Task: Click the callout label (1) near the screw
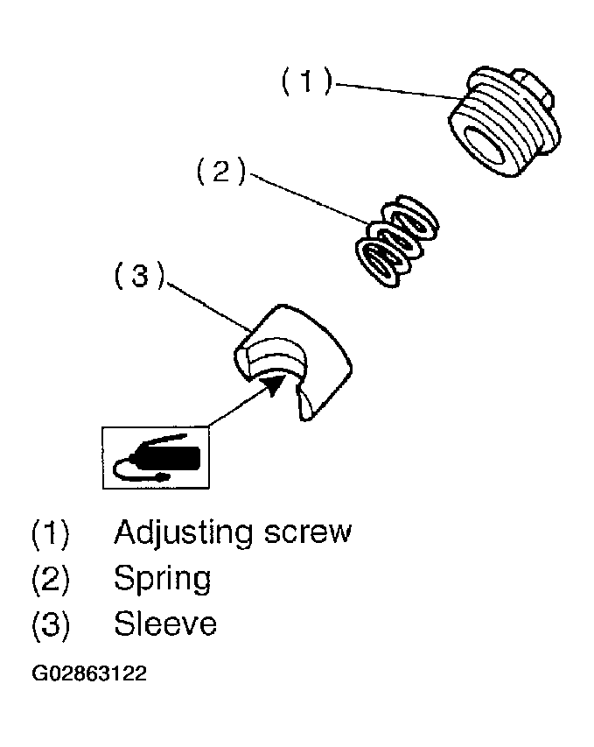coord(306,83)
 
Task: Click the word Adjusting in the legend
coord(184,533)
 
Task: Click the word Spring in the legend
coord(162,580)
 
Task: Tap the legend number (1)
coord(50,533)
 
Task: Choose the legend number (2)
coord(50,580)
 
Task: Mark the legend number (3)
coord(50,625)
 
